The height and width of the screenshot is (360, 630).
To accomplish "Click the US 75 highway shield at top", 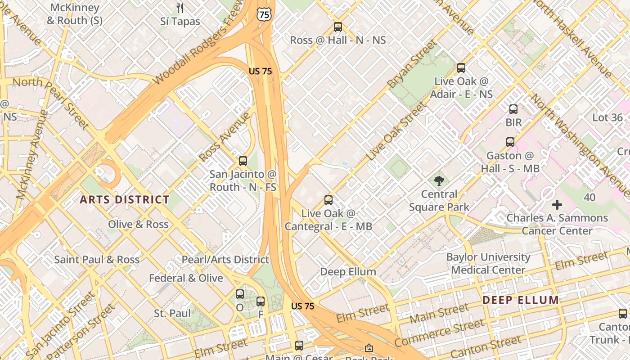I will point(265,14).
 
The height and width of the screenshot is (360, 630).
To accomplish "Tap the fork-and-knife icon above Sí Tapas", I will point(180,8).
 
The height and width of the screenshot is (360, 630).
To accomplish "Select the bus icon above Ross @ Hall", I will point(338,27).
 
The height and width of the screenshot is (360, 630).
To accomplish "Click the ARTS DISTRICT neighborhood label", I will point(125,200).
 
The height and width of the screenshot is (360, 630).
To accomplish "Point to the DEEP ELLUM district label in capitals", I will point(521,300).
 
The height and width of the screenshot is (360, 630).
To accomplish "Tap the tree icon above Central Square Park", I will point(439,181).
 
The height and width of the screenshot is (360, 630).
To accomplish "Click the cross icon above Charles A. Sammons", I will point(557,205).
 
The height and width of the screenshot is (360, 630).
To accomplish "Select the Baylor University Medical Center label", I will point(488,264).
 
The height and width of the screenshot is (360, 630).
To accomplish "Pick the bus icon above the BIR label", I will point(513,109).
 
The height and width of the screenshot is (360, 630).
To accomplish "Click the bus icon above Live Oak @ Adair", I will point(461,68).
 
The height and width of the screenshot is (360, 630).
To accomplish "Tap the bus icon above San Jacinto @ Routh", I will point(243,161).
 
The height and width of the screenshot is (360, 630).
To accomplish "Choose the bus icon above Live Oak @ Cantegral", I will point(328,200).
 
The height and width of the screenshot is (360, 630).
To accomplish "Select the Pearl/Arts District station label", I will point(225,260).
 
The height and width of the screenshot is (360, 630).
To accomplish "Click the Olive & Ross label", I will point(138,224).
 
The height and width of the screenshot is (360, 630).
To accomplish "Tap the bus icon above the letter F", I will point(261,301).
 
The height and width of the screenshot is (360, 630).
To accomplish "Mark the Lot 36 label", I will point(607,118).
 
